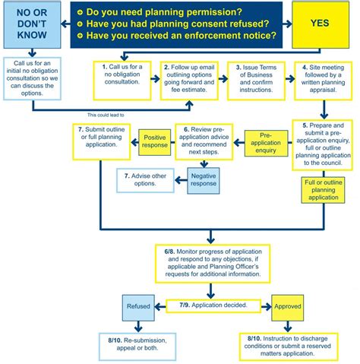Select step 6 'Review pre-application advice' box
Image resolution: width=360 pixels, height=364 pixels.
(x=203, y=141)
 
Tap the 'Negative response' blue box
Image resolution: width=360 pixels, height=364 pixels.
(x=202, y=179)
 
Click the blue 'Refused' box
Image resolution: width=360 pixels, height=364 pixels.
(x=139, y=308)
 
